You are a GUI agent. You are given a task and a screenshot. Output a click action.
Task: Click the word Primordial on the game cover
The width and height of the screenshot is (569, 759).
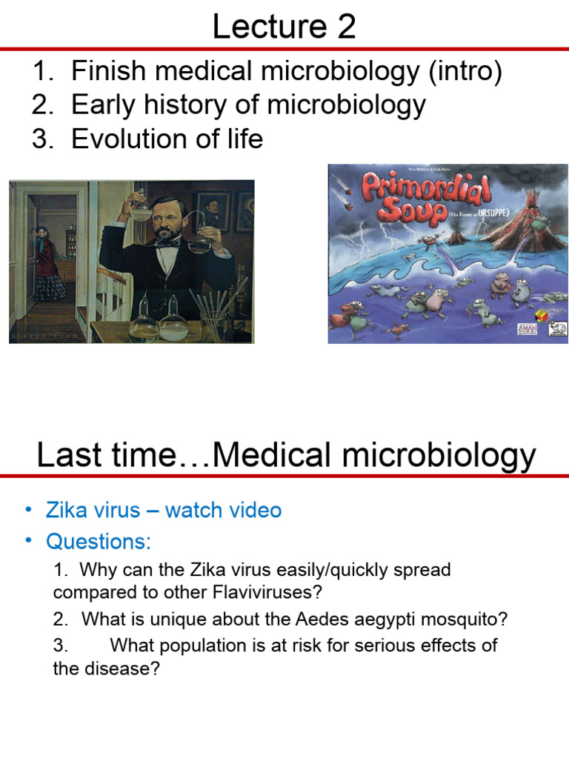[x=427, y=190]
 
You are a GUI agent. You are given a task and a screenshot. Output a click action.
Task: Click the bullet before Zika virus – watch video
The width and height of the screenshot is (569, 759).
[x=28, y=510]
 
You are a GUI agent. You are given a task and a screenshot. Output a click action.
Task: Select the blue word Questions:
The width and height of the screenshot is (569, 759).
[x=98, y=542]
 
